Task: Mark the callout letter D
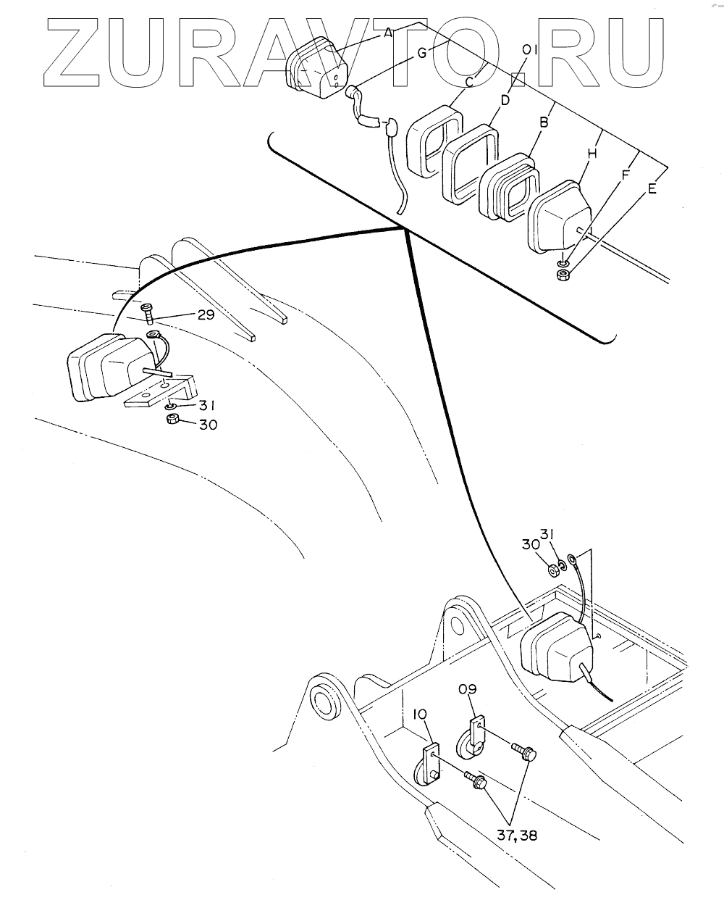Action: click(x=505, y=99)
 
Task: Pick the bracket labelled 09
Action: click(x=471, y=738)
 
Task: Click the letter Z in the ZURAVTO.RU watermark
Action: click(x=79, y=50)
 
